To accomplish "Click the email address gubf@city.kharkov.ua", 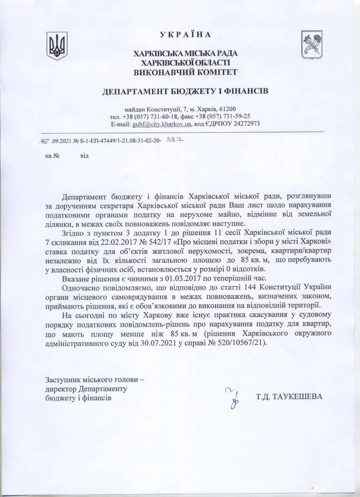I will tap(161, 124).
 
